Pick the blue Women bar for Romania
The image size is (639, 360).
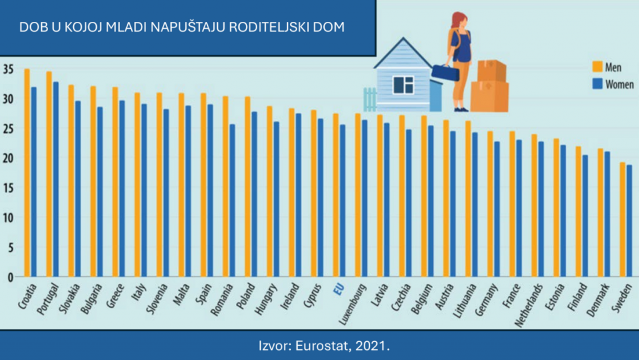[x=233, y=200]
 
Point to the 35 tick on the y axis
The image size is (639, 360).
[x=7, y=70]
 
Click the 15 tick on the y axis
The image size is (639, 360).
[x=7, y=188]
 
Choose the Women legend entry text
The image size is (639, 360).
[x=620, y=85]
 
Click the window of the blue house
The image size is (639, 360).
[x=402, y=84]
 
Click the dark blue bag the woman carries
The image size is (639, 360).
[x=445, y=72]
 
